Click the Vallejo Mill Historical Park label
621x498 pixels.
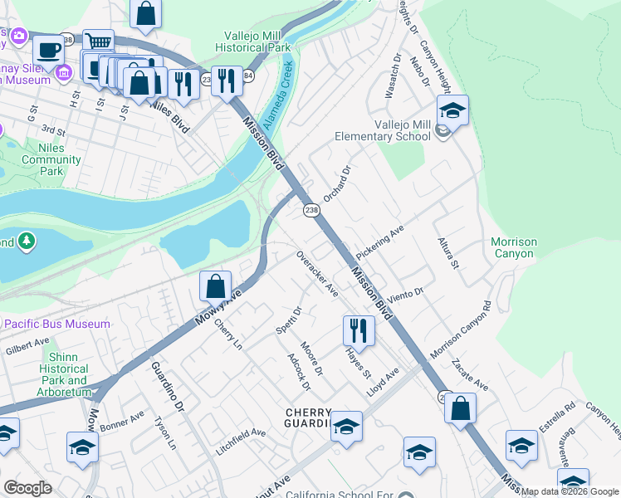258,41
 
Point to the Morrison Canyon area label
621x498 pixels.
514,247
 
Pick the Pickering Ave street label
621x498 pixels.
379,241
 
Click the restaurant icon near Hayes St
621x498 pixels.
359,330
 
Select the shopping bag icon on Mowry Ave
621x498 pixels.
215,286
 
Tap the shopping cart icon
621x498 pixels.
99,41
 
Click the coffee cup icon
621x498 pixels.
48,48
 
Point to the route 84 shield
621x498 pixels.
247,76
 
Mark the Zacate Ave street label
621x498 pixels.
470,374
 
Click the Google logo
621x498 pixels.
27,489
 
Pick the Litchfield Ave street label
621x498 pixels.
242,433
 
